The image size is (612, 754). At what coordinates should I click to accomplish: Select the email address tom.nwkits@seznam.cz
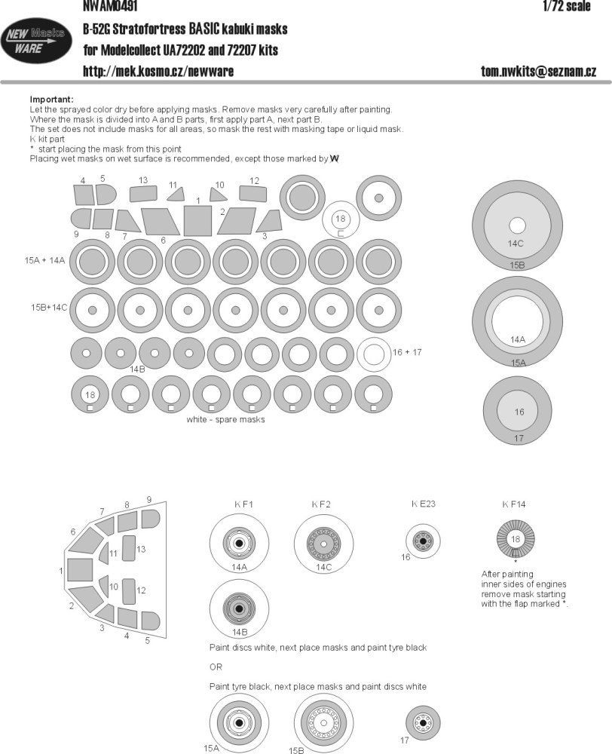pos(538,71)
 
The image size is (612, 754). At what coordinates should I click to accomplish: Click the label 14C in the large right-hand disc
pos(516,244)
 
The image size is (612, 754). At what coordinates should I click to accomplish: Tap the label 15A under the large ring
pos(517,363)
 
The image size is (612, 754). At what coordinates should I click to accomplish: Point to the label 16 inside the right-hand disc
pos(519,412)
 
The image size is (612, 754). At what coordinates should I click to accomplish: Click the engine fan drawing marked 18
pos(516,539)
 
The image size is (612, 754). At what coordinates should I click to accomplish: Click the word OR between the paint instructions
pos(216,667)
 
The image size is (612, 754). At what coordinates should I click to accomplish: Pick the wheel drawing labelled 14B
pos(239,608)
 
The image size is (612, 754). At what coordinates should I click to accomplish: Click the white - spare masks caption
pos(225,420)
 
